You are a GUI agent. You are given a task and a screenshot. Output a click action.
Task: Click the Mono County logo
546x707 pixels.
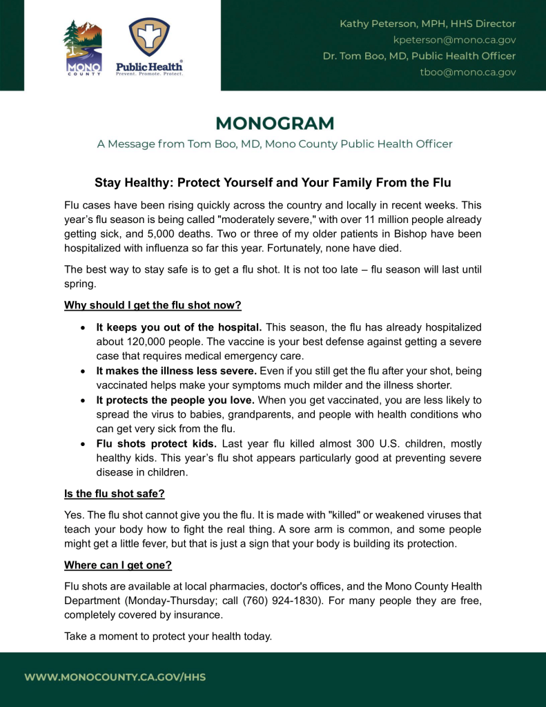[83, 47]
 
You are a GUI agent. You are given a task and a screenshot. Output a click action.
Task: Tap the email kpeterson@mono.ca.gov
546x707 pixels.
[454, 39]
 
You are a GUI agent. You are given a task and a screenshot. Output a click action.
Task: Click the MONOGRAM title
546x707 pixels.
[274, 124]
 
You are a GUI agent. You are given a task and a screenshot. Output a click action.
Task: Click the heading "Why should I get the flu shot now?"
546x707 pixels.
[153, 305]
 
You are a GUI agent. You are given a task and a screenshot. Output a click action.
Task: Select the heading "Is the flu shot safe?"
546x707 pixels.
[114, 494]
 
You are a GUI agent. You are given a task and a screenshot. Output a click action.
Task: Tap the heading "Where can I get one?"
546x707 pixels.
[117, 565]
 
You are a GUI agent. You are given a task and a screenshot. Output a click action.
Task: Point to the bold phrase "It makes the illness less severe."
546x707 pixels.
[176, 371]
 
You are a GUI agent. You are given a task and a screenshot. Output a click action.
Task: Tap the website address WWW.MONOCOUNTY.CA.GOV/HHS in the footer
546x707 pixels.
[115, 677]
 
